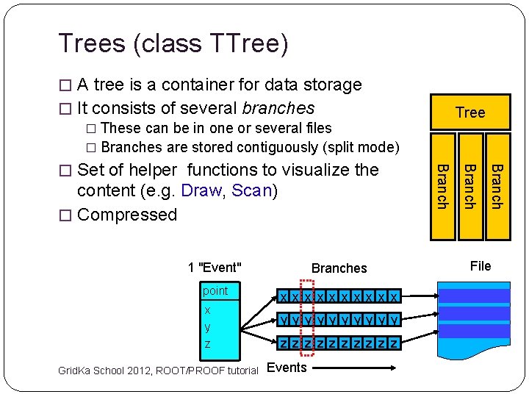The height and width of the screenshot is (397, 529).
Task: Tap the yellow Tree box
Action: point(470,112)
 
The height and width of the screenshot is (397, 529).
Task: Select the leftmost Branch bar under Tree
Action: point(442,187)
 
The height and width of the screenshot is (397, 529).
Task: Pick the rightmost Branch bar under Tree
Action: point(497,187)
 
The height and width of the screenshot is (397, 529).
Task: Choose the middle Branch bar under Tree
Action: point(469,187)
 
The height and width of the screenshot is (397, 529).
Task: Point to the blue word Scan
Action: point(251,191)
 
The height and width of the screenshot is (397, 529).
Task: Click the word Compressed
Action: point(127,215)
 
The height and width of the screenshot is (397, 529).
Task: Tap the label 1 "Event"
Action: point(215,268)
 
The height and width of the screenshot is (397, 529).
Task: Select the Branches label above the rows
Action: point(339,268)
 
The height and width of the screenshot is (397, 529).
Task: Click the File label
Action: point(480,266)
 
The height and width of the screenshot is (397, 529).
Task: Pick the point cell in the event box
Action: point(216,291)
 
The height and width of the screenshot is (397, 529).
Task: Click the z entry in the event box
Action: point(208,344)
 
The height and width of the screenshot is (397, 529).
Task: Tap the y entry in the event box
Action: point(208,326)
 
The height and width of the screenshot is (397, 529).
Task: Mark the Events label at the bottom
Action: point(287,368)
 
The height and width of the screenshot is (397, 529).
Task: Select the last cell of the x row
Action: point(395,297)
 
